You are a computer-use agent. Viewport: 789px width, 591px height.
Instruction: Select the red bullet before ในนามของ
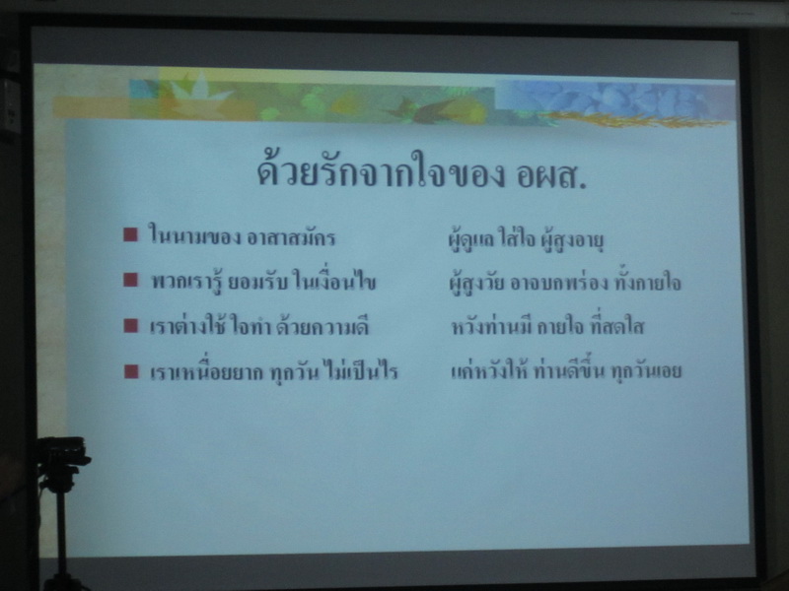(130, 234)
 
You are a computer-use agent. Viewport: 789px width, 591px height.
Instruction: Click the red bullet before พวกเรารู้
(130, 280)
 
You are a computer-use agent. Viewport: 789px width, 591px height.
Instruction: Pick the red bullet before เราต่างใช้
(130, 325)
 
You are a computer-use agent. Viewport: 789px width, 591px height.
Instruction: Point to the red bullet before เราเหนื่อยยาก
(131, 371)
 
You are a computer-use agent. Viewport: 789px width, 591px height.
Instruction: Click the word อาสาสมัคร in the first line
(291, 237)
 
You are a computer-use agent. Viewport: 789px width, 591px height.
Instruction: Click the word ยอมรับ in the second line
(258, 282)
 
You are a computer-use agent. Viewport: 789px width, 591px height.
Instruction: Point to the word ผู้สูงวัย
(476, 283)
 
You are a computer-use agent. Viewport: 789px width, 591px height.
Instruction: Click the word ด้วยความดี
(323, 326)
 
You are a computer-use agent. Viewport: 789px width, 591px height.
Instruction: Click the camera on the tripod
(63, 450)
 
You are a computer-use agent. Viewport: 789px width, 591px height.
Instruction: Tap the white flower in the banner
(200, 90)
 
